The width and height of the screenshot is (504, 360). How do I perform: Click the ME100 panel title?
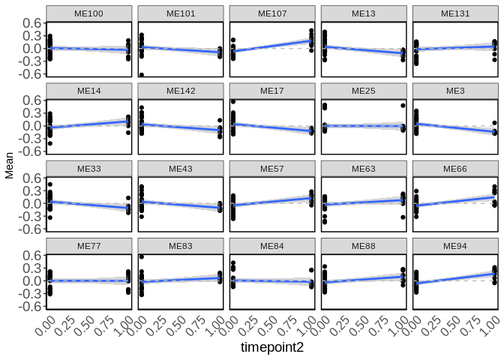click(89, 13)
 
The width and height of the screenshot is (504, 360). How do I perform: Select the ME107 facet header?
click(272, 13)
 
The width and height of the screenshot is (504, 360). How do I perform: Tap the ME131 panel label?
click(455, 13)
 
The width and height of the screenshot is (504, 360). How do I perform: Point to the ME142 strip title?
click(181, 91)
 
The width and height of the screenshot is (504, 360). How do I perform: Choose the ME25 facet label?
click(364, 91)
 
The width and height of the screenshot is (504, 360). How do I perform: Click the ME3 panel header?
click(455, 91)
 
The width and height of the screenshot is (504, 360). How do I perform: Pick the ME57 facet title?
click(272, 169)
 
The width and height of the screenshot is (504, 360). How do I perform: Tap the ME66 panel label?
click(455, 169)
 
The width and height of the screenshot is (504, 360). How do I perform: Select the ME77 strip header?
click(89, 246)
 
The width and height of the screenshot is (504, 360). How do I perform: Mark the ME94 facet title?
click(455, 246)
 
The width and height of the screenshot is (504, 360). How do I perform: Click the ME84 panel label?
click(272, 246)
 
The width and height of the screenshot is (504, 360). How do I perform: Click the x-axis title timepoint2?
click(273, 348)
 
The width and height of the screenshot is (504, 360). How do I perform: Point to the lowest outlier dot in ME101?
click(142, 75)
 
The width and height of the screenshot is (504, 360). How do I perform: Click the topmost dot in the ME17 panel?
click(233, 102)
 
